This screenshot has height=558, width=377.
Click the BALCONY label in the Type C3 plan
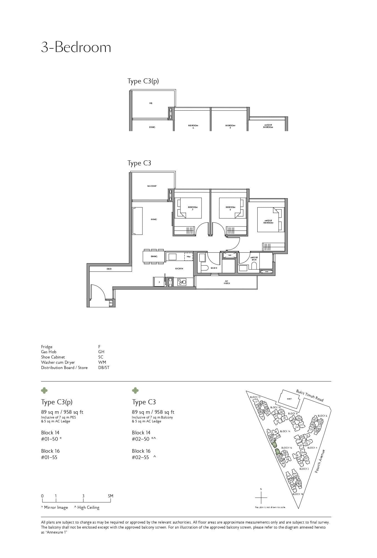pos(152,186)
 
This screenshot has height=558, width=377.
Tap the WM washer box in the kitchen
pos(188,256)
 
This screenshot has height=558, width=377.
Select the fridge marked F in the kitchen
pos(159,282)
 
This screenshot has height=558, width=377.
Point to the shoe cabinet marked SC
pos(111,303)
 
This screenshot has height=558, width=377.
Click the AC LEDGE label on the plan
pos(227,282)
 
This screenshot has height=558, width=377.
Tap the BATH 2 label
pos(214,268)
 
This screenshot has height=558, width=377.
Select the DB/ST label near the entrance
pos(109,269)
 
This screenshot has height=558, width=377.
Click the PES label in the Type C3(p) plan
pos(151,103)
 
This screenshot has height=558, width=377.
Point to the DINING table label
pos(154,256)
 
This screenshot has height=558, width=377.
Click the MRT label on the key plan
pos(289,399)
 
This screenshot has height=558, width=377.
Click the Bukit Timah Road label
pos(310,395)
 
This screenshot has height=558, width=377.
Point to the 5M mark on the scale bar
pos(110,496)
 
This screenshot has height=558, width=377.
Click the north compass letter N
pos(261,489)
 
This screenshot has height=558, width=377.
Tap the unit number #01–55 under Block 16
pos(49,457)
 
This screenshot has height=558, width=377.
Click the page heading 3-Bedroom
pos(76,47)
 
